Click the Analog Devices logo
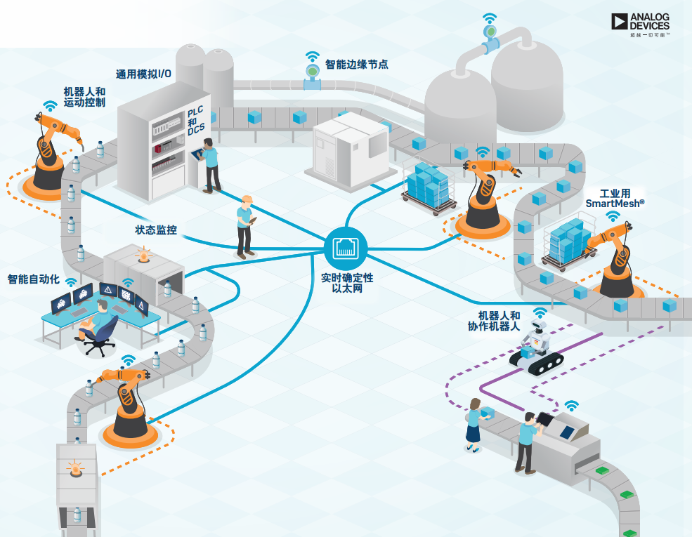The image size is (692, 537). [640, 22]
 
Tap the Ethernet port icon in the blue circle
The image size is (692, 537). [346, 246]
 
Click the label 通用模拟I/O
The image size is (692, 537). [143, 74]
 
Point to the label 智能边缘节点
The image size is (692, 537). [357, 65]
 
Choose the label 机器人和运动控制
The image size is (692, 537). [84, 97]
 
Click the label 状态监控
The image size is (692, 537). [156, 230]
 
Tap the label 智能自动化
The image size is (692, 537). [33, 279]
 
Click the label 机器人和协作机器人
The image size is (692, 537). [495, 321]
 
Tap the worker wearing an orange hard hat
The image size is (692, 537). [245, 225]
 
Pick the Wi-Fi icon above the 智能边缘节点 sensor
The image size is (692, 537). [312, 56]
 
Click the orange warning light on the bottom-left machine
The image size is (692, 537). [74, 468]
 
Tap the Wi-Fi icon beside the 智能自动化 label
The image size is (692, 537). [71, 281]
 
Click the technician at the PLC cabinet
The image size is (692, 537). [209, 164]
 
